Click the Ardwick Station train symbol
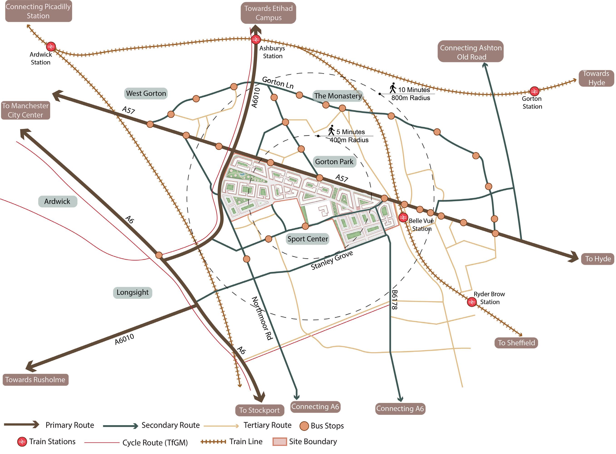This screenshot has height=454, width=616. [51, 47]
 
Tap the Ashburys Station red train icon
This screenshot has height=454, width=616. [256, 40]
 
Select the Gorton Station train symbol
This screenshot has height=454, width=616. [534, 91]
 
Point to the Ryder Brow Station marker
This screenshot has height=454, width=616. [471, 302]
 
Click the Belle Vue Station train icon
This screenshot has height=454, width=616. [403, 218]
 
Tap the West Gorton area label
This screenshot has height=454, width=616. [146, 93]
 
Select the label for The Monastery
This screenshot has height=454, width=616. [338, 96]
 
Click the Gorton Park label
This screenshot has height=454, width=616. [334, 162]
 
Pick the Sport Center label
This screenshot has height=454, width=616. [308, 239]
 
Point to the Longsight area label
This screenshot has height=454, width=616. [133, 292]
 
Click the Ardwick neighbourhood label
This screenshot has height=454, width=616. [57, 201]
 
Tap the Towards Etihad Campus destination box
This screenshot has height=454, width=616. [268, 13]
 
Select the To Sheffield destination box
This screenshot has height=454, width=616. [516, 343]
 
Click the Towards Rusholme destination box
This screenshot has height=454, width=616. [35, 380]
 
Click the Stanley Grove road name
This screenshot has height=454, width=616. [331, 260]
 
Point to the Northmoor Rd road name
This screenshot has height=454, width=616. [262, 318]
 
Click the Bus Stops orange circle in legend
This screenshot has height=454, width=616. [304, 426]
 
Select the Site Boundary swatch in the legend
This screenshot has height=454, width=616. [280, 442]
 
